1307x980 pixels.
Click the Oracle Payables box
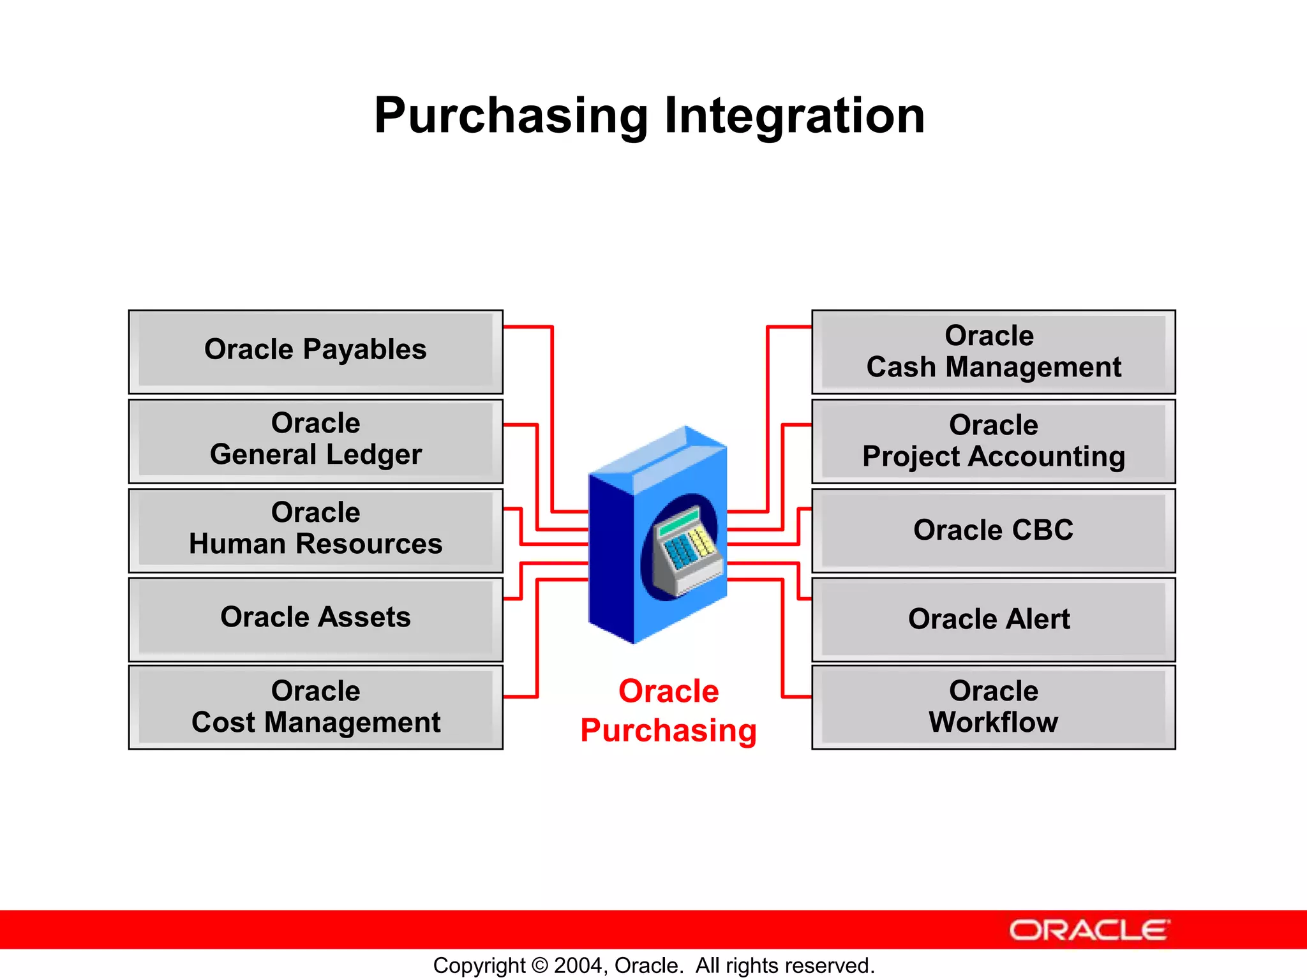pos(315,351)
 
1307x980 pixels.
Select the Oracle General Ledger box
pos(315,440)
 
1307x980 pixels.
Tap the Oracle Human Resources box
pos(315,530)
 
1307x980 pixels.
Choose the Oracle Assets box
pos(315,618)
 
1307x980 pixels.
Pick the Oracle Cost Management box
pos(315,707)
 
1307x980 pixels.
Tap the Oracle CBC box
pos(993,530)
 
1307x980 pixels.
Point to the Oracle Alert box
pos(993,620)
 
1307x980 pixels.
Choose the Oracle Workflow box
pos(993,707)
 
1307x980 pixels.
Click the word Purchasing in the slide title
pos(511,116)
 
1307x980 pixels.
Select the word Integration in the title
pos(794,116)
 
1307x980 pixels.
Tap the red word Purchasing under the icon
pos(668,731)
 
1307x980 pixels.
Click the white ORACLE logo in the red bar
pos(1089,930)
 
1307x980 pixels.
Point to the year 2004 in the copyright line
pos(579,965)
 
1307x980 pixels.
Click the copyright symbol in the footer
pos(539,965)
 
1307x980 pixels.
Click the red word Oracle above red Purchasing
pos(668,692)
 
